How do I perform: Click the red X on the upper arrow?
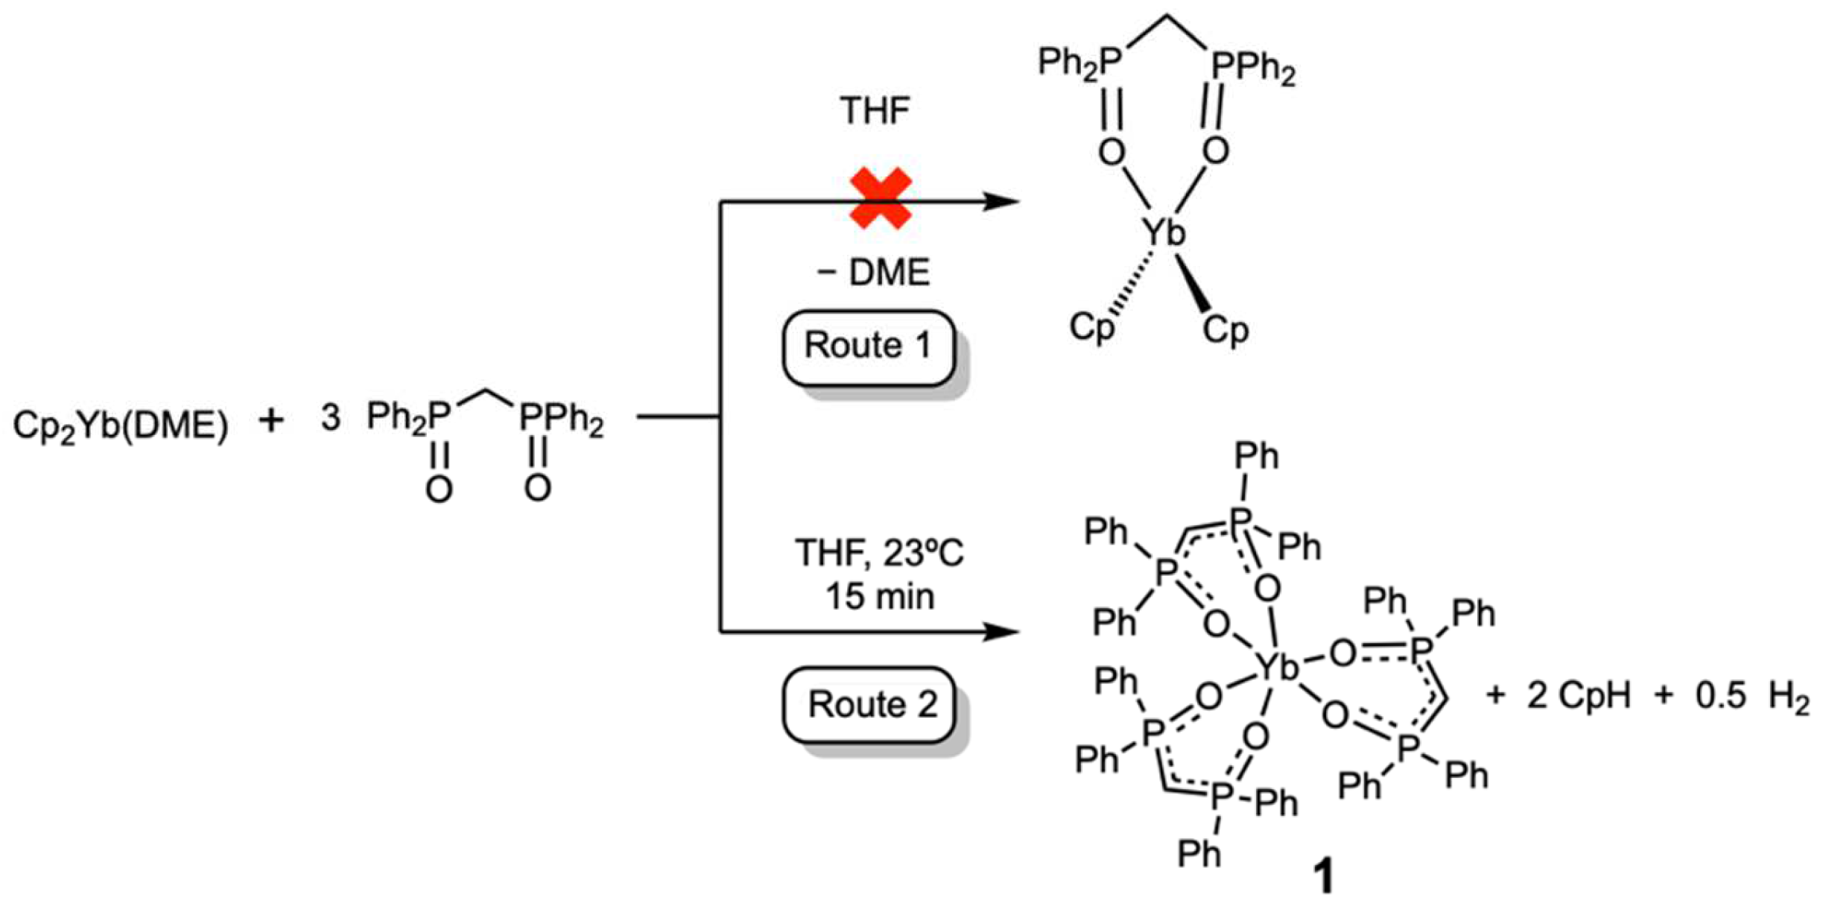pos(881,198)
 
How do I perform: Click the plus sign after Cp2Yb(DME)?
pos(271,421)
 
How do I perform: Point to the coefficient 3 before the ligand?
pos(330,419)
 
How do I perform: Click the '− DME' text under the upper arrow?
pos(873,273)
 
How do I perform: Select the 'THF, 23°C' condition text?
pos(879,554)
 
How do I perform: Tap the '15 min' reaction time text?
pos(879,597)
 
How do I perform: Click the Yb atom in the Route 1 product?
pos(1164,232)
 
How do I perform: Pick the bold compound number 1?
pos(1323,877)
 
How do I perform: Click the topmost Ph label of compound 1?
pos(1257,455)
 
